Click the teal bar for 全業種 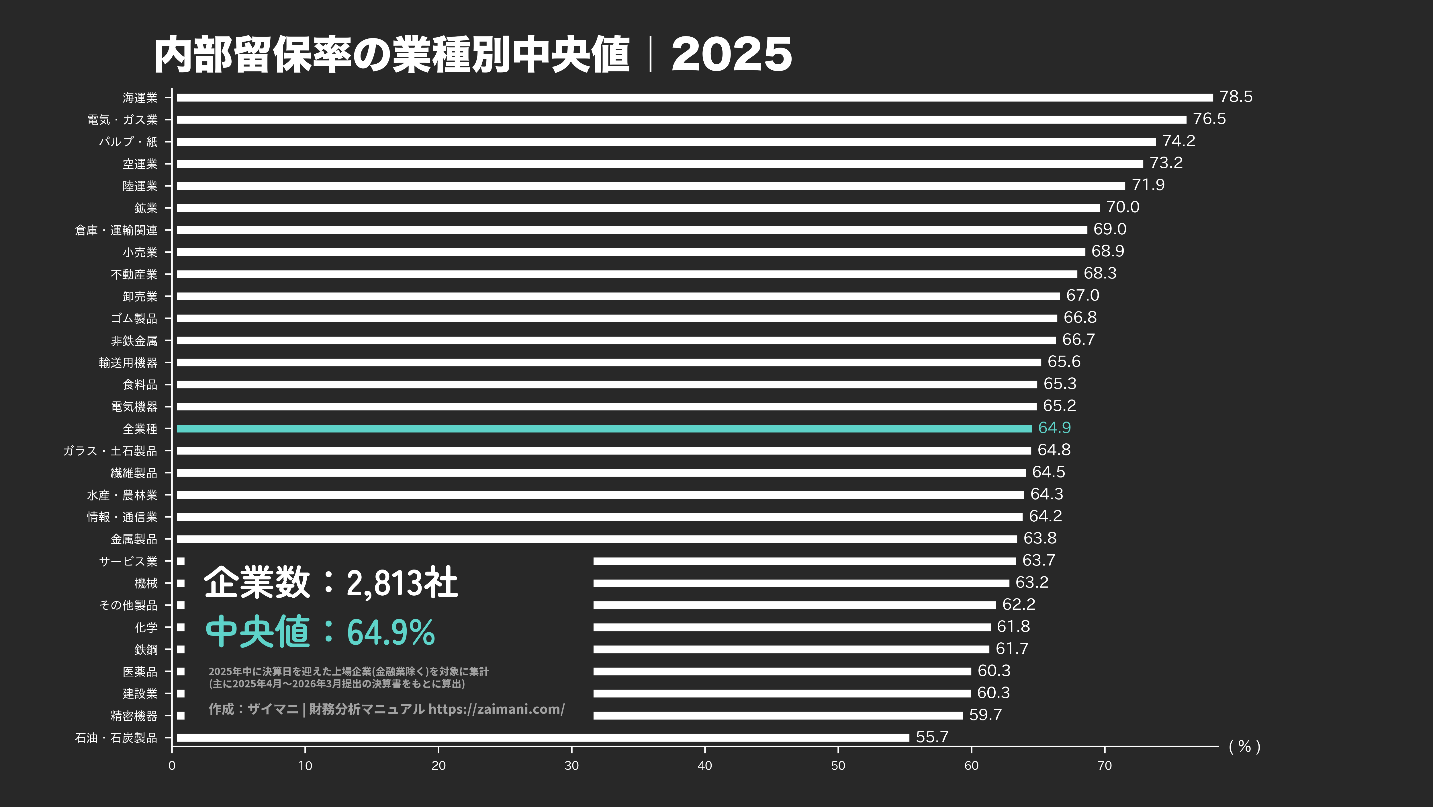(x=604, y=428)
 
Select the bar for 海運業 (x=694, y=98)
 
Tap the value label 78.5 (x=1236, y=97)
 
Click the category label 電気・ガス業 (x=122, y=120)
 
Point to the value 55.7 (x=932, y=737)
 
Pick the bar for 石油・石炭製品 (x=542, y=737)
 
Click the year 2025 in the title (x=731, y=54)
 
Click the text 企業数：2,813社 (x=331, y=583)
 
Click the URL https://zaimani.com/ (x=496, y=709)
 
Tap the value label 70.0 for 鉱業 (x=1123, y=207)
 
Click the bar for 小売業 (x=630, y=252)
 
